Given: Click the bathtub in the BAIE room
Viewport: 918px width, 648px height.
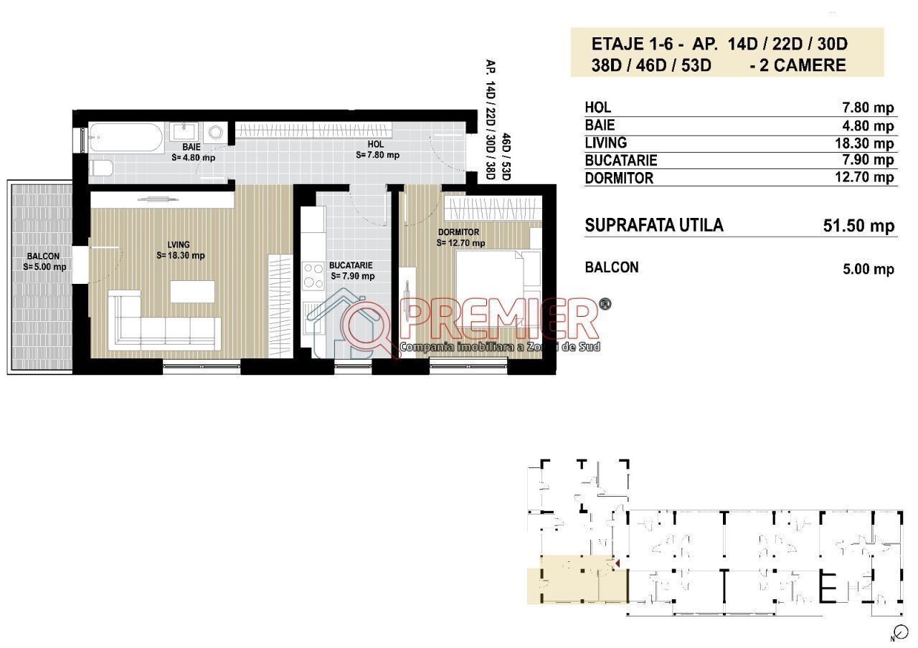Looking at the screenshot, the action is [126, 138].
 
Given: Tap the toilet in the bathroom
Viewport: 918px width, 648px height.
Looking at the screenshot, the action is [101, 168].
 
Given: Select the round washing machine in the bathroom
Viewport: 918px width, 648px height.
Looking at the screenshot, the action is [216, 133].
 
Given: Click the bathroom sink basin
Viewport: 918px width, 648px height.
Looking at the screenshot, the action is [184, 132].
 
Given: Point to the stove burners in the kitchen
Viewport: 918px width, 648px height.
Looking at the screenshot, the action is [313, 276].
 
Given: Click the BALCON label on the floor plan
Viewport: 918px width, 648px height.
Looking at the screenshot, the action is [43, 257].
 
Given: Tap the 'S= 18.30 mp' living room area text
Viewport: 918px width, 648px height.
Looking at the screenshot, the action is [181, 256].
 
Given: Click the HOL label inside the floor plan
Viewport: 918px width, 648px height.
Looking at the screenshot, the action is [375, 144].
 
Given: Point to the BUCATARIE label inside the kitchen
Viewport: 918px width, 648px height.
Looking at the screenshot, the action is [351, 265].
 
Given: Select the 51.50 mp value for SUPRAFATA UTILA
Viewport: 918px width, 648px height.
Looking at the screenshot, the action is [859, 226].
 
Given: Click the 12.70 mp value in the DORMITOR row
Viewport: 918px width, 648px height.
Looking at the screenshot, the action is [865, 177].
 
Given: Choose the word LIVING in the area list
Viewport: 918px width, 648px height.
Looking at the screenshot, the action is [606, 143].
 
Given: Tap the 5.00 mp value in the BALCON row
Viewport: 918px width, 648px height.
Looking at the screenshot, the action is [869, 269].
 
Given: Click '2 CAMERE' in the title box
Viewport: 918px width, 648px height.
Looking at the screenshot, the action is [803, 65].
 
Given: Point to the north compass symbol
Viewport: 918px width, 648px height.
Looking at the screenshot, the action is [902, 632].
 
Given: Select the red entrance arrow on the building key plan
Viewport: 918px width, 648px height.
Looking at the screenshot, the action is [617, 564].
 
